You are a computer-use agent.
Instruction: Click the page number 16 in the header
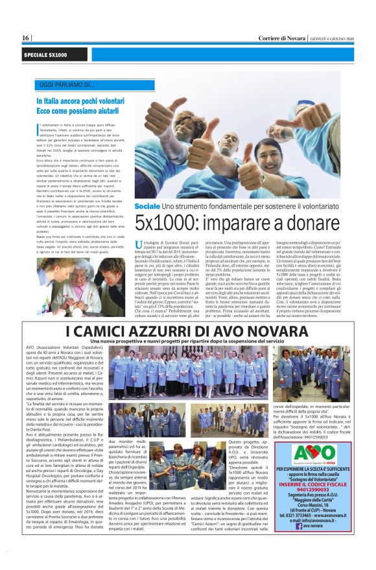25,38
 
